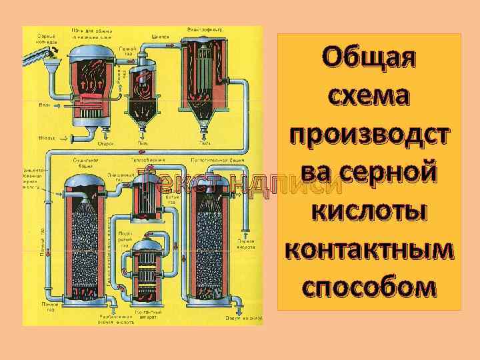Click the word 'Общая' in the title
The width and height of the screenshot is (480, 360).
pyautogui.click(x=369, y=59)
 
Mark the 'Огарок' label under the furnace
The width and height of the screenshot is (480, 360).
pyautogui.click(x=105, y=143)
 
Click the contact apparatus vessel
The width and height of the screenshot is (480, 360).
pyautogui.click(x=146, y=269)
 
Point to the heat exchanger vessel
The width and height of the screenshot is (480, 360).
pyautogui.click(x=143, y=199)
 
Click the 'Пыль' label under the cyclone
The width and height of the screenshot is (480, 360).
pyautogui.click(x=143, y=143)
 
